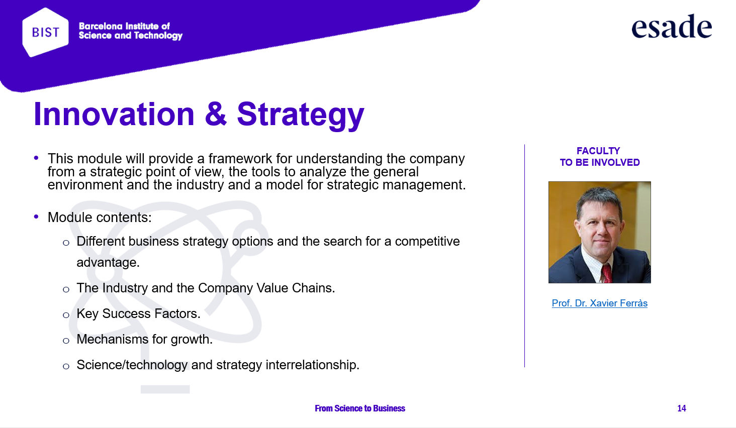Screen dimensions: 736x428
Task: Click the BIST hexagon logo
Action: (45, 32)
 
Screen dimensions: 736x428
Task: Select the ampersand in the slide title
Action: (216, 114)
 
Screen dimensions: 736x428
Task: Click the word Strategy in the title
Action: (300, 116)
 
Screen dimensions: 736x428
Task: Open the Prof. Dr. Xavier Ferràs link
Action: (600, 303)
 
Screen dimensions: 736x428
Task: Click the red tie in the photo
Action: (606, 274)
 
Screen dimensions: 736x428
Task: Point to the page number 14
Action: (682, 408)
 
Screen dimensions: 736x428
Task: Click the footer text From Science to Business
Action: (360, 408)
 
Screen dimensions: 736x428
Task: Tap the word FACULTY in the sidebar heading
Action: (598, 151)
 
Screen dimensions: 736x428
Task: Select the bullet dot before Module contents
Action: (36, 217)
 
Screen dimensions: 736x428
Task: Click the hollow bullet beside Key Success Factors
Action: (66, 315)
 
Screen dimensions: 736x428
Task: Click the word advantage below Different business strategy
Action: (108, 263)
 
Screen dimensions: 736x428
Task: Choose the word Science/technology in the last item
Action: (132, 365)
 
